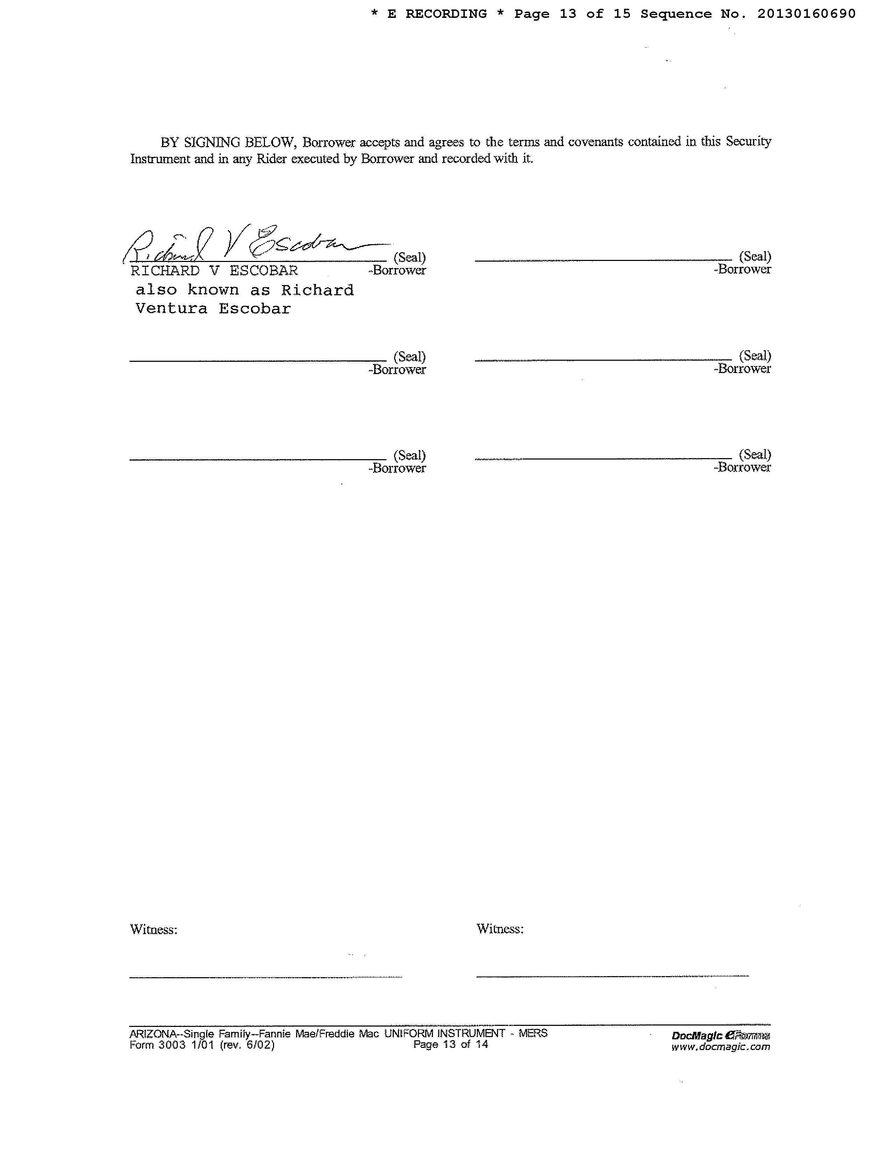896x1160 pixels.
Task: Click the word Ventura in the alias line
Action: point(171,309)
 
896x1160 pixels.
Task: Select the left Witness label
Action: point(153,930)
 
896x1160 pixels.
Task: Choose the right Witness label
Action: point(499,929)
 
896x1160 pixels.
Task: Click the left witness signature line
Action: point(265,977)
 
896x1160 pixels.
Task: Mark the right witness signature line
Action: point(612,976)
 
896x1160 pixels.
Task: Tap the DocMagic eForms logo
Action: point(720,1035)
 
